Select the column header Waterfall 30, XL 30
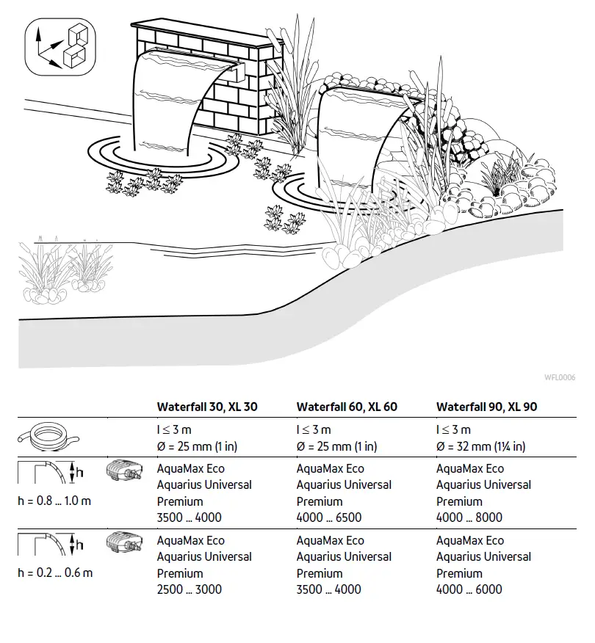206,407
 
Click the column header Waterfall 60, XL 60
346,407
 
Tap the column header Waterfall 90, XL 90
486,407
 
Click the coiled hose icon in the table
47,438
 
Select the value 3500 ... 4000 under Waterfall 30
189,517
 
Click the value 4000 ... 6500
328,517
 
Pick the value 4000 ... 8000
469,517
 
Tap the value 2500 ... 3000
189,589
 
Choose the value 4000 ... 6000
469,589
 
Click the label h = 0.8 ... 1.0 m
55,501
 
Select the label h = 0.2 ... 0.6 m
55,573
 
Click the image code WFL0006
559,378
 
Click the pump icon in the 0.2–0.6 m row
123,543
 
